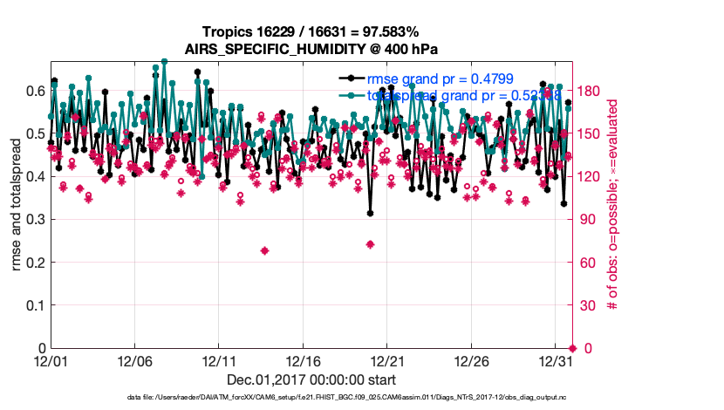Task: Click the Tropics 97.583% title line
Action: tap(311, 32)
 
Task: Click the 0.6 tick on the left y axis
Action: tap(34, 91)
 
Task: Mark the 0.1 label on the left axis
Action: tap(34, 305)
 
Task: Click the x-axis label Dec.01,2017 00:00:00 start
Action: tap(311, 380)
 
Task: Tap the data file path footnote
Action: tap(311, 398)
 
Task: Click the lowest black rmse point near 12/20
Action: tap(370, 213)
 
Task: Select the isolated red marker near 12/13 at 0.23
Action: tap(264, 251)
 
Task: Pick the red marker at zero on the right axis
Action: tap(572, 348)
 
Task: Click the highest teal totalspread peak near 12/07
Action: tap(164, 62)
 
